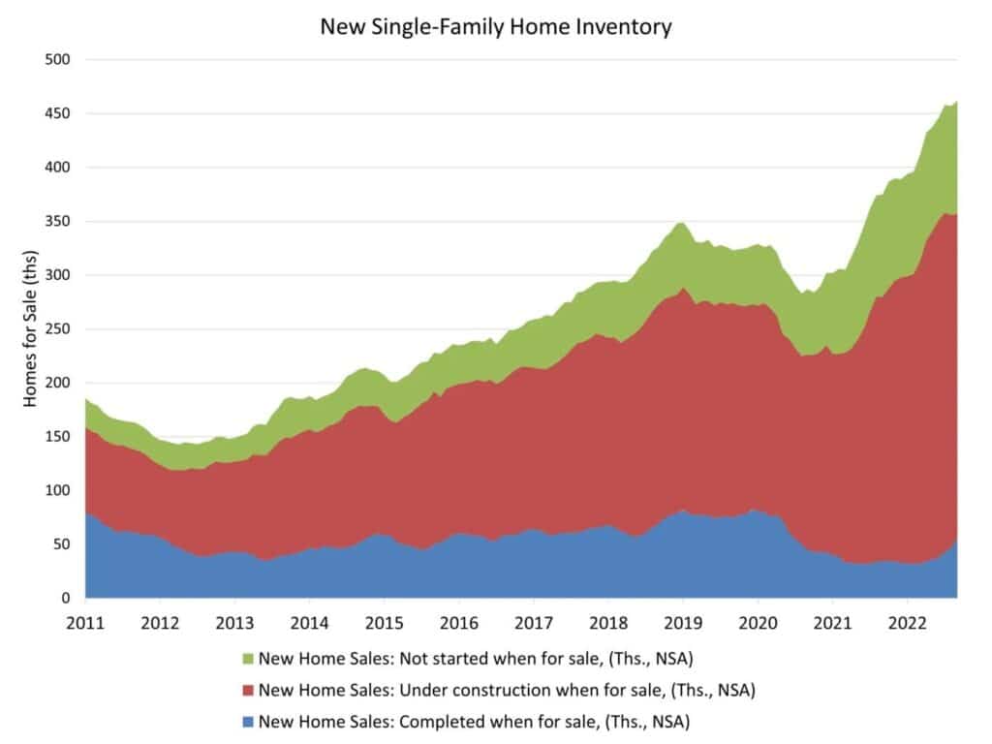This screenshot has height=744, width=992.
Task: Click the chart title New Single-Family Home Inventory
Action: (495, 27)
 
